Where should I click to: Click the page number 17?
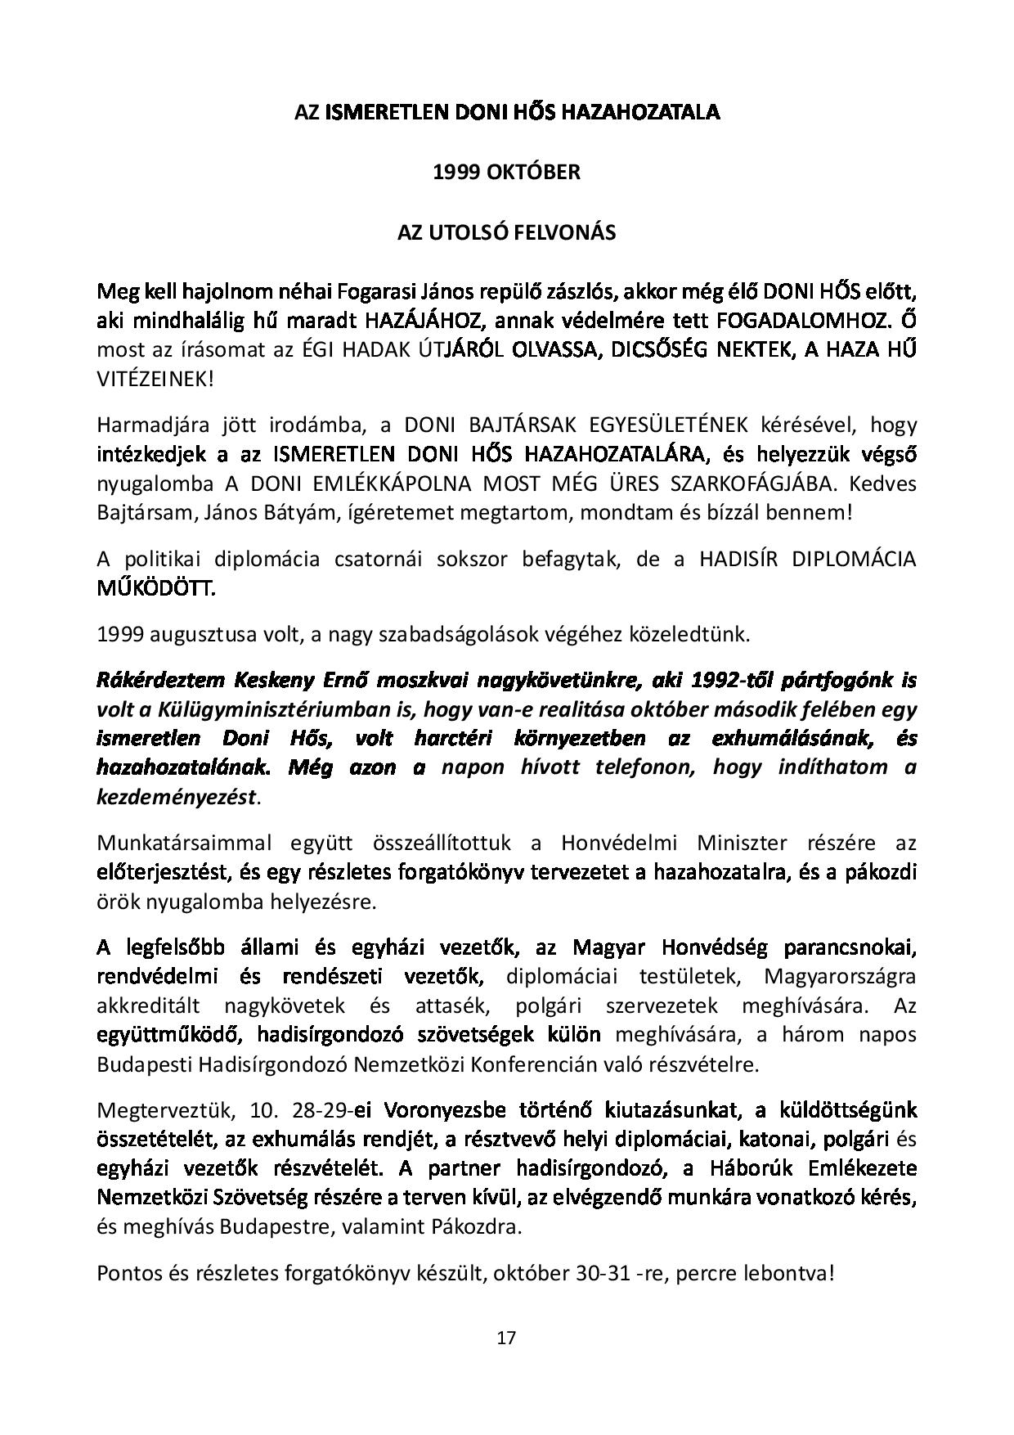(506, 1338)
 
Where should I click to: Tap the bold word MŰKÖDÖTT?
(156, 588)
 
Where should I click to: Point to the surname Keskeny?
(271, 681)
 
